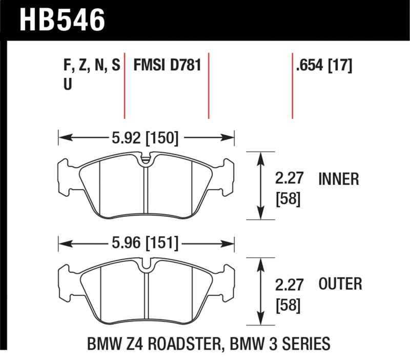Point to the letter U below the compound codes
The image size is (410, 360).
[x=67, y=84]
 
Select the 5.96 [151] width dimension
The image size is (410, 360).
[x=146, y=243]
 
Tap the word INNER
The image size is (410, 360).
[x=339, y=179]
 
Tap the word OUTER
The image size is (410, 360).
[x=340, y=284]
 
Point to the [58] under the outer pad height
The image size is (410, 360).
[x=289, y=306]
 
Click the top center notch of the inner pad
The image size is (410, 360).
[x=146, y=159]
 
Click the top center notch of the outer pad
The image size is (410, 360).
[x=146, y=264]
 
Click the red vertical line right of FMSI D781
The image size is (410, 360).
[x=209, y=84]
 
